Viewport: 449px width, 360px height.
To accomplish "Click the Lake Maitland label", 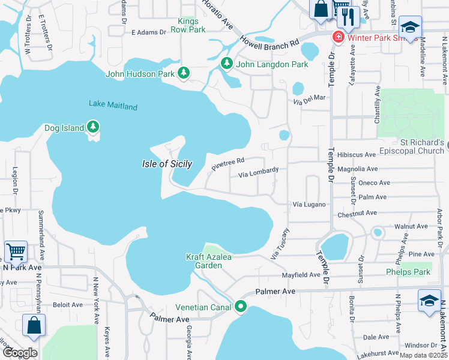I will click(113, 106).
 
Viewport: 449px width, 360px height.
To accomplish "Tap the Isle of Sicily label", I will click(167, 164).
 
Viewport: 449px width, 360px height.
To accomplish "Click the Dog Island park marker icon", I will click(92, 127).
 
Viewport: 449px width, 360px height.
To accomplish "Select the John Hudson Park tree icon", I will click(184, 73).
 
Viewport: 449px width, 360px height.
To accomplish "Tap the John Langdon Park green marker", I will click(226, 63).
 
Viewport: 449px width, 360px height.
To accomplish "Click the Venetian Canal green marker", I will click(241, 307).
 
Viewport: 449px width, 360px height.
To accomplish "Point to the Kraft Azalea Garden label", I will click(208, 262).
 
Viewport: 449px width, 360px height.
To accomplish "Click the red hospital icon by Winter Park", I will click(339, 38).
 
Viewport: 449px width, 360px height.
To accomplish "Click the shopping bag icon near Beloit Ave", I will click(34, 325).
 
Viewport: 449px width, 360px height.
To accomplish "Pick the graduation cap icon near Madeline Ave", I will click(411, 26).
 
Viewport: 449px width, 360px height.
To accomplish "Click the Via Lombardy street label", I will click(258, 174).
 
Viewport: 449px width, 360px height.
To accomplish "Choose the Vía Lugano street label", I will click(309, 205).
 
